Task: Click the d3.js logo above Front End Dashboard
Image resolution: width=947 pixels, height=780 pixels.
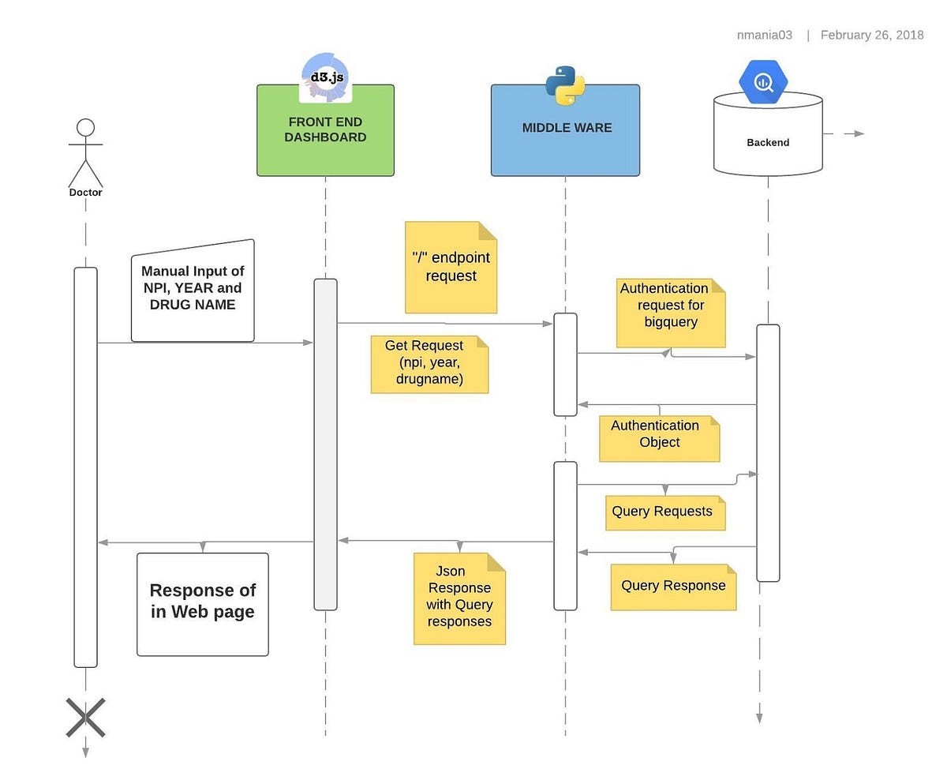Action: (325, 77)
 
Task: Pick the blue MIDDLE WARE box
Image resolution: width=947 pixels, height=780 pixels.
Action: (565, 138)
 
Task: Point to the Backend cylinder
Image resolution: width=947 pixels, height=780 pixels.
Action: (768, 142)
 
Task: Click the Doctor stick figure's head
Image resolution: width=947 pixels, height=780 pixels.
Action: (85, 128)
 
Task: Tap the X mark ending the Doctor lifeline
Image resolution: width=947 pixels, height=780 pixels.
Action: (85, 718)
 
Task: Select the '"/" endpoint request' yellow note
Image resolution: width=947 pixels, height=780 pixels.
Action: (451, 267)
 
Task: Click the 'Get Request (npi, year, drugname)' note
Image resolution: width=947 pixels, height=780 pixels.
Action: (429, 364)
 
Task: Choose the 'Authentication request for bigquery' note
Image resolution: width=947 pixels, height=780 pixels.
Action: (670, 313)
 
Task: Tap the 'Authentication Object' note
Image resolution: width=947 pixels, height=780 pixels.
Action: (659, 438)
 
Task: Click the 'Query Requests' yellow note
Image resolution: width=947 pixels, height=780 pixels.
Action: (664, 512)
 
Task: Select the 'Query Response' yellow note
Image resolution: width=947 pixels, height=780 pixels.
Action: (673, 587)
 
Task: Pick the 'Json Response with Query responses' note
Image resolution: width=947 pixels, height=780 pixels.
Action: (459, 598)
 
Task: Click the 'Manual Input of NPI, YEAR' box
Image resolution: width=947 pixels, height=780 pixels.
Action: (193, 291)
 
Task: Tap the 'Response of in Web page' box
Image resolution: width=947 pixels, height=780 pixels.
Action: (202, 604)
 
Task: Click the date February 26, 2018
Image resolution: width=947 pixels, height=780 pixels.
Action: (871, 35)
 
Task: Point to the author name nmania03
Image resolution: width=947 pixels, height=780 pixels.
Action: (764, 35)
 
